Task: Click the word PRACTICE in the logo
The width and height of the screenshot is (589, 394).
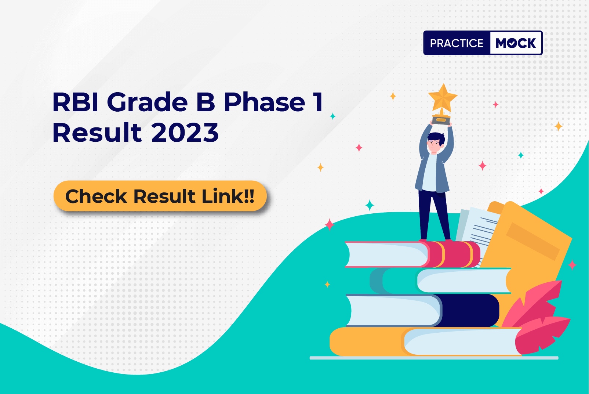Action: pos(457,43)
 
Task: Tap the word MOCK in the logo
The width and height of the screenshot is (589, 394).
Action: pos(516,43)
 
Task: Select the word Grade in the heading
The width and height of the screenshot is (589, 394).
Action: pos(147,102)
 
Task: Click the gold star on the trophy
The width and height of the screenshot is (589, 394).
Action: pos(443,97)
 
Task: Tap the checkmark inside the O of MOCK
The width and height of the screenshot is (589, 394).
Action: pos(512,43)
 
